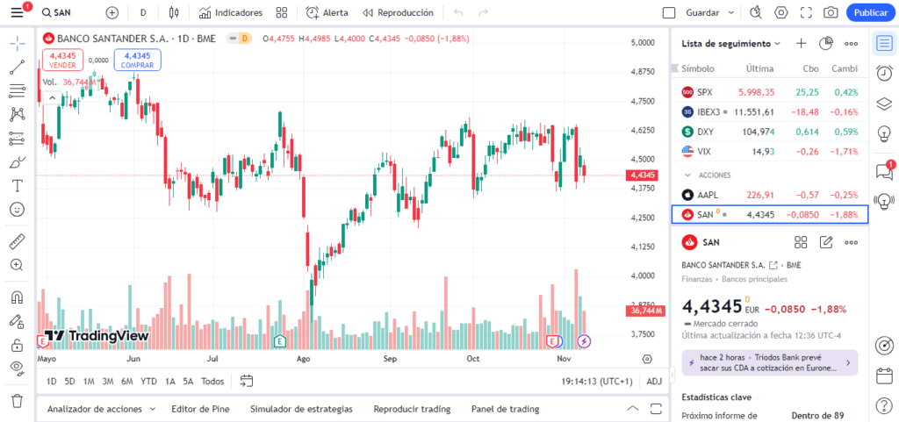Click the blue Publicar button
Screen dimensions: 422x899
(x=871, y=13)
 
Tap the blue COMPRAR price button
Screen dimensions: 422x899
(x=137, y=60)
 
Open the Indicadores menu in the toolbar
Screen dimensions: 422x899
(x=231, y=13)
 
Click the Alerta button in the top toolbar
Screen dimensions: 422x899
(x=327, y=13)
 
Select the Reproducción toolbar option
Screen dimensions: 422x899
(x=398, y=13)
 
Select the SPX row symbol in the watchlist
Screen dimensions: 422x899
(x=705, y=92)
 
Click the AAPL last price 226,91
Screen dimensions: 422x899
(x=759, y=195)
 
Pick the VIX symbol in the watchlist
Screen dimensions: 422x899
(x=704, y=152)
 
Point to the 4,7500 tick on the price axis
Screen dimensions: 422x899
(x=644, y=101)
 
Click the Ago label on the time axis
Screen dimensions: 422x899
(x=304, y=359)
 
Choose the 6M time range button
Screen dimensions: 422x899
(x=127, y=382)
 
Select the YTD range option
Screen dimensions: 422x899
(x=149, y=382)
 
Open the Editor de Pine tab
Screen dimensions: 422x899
(x=200, y=409)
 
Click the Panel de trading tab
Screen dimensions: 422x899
(x=505, y=409)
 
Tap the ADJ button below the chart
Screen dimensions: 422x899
(x=654, y=382)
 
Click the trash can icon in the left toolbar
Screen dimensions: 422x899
(x=17, y=401)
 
